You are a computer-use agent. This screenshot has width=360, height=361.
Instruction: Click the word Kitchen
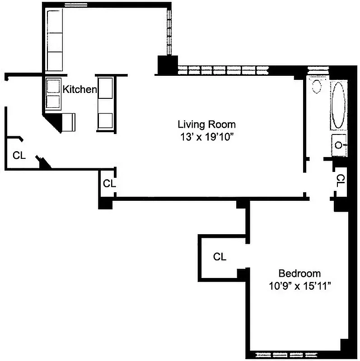pos(79,89)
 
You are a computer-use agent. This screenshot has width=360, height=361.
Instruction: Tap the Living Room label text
pos(206,124)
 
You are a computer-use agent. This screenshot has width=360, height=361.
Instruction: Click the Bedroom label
pos(299,273)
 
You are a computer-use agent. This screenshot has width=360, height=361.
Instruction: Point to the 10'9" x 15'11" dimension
pos(299,286)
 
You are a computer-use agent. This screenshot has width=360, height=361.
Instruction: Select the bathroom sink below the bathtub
pos(339,145)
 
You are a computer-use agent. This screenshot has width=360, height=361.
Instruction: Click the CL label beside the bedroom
pos(220,257)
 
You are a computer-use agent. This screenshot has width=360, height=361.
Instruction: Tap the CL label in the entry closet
pos(19,156)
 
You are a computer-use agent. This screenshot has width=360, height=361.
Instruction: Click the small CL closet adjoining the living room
pos(109,184)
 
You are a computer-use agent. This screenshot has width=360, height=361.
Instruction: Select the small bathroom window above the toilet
pos(318,69)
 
